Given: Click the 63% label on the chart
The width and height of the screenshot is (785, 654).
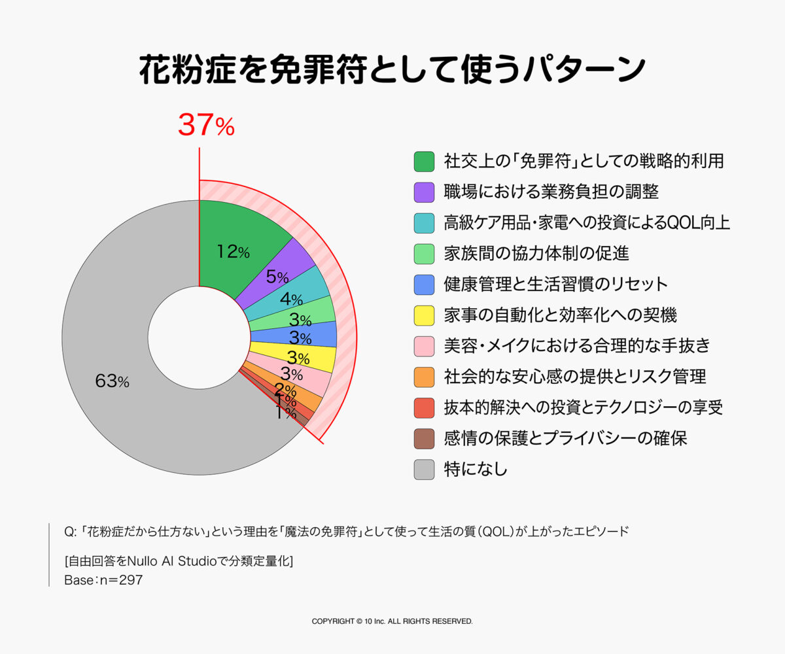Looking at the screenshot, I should pos(112,382).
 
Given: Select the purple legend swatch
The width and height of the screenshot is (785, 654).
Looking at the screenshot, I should pos(424,192).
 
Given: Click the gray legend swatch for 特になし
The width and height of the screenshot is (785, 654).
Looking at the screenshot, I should pos(424,469).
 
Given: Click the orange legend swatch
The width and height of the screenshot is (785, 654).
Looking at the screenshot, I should pos(424,377).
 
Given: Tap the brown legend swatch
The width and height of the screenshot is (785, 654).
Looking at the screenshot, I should pos(424,438).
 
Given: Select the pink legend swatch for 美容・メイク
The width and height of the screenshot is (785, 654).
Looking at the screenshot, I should pos(424,346).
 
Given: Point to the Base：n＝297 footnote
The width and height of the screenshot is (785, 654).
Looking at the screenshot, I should pos(103,580).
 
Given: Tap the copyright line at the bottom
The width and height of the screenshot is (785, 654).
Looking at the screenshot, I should pos(392,621).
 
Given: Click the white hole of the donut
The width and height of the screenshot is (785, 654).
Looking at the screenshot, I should pos(199,337).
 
